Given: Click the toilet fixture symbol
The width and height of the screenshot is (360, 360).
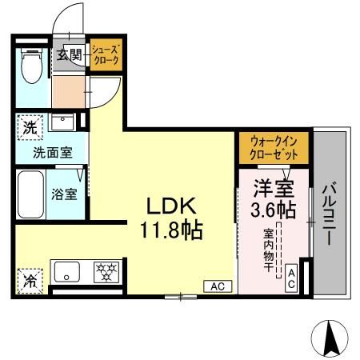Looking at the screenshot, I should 31,67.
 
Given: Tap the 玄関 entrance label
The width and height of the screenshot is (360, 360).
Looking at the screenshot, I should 70,55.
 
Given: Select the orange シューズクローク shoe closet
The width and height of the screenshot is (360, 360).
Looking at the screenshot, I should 104,55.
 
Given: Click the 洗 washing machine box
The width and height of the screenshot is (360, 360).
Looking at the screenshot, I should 28,126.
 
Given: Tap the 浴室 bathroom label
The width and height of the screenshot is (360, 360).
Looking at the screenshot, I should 65,194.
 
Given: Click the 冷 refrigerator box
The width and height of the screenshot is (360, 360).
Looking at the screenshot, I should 28,281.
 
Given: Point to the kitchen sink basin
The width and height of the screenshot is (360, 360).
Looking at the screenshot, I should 65,272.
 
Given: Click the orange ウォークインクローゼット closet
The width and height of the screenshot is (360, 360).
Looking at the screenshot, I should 273,147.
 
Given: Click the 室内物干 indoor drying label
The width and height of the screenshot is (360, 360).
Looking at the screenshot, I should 269,250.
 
